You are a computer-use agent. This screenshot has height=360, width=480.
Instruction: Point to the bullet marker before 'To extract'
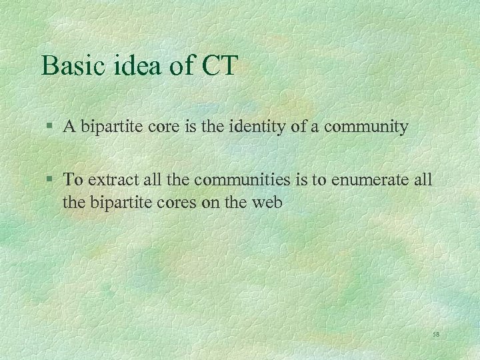[x=51, y=180]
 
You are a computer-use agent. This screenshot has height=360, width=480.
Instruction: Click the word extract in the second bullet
[x=109, y=179]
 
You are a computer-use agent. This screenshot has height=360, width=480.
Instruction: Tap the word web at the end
[x=267, y=201]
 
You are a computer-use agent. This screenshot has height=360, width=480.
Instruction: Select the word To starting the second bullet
[x=73, y=179]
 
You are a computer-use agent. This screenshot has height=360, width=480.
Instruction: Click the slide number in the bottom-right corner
[x=437, y=333]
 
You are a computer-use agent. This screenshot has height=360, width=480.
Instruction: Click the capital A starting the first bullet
[x=68, y=127]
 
